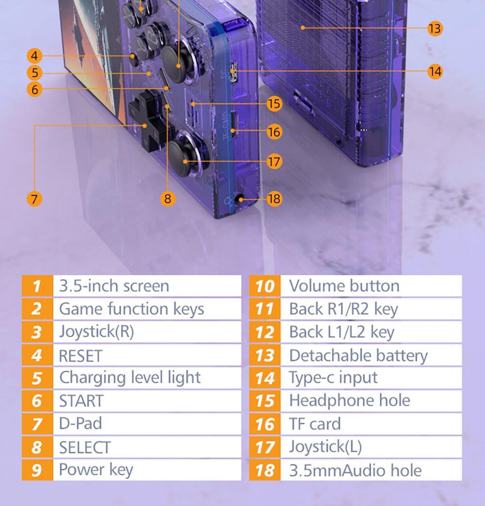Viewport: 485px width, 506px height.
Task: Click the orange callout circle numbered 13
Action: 435,29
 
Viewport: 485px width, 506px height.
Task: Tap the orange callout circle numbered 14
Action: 435,71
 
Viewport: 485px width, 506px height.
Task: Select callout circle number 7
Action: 34,199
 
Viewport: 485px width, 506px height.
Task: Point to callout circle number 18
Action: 274,199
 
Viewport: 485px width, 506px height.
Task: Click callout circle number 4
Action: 34,56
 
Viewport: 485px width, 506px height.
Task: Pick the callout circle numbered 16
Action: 274,132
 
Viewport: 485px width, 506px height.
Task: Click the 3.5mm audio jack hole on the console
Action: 239,199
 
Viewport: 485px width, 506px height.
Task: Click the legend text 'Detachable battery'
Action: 358,356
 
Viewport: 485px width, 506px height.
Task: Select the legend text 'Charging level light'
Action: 130,378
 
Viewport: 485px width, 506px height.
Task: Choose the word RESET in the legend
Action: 81,356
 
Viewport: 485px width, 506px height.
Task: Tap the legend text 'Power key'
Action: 96,470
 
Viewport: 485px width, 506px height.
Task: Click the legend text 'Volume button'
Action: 344,286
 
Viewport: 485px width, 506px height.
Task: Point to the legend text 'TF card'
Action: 315,424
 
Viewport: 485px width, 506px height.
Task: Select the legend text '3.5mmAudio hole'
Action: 355,471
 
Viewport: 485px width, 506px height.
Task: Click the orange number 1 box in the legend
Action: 37,286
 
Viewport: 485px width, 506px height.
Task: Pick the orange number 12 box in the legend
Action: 265,332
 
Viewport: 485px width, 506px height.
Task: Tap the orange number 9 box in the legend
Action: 37,470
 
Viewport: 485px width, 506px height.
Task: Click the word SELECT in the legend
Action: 85,447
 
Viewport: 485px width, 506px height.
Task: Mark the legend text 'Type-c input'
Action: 333,378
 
